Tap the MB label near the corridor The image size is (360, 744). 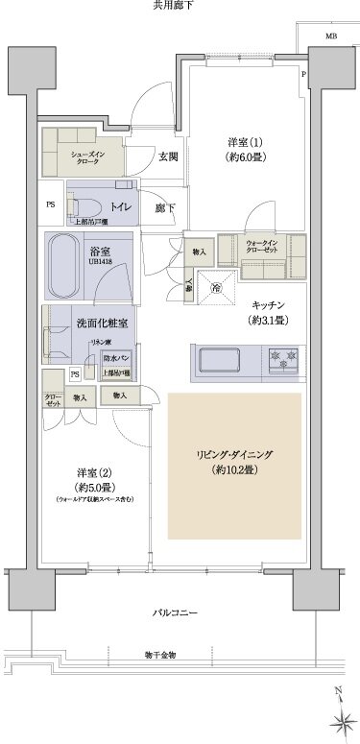click(x=331, y=37)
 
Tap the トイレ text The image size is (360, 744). click(x=119, y=205)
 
